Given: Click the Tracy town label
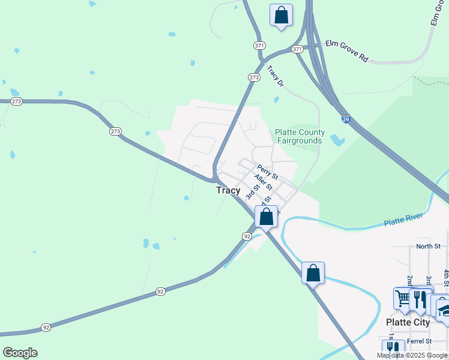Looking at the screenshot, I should [x=228, y=190].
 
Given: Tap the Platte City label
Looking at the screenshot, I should [x=408, y=322].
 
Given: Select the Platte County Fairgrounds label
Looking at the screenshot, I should [x=300, y=136].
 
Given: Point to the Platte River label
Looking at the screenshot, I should [x=403, y=221].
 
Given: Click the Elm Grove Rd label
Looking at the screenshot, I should [x=346, y=52].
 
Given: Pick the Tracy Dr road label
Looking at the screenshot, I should [x=274, y=76].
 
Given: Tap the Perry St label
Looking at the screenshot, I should [x=267, y=173].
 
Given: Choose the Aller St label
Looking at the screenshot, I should [x=263, y=182].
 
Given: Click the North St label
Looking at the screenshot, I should [x=428, y=246].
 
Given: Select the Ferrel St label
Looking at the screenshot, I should [x=419, y=341].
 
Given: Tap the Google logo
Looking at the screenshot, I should [x=20, y=352].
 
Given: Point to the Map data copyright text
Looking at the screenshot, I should [x=412, y=355].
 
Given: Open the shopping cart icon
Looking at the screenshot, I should [x=402, y=297].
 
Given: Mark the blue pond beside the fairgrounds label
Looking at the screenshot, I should [x=337, y=141].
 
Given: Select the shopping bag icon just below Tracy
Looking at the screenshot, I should [x=267, y=216].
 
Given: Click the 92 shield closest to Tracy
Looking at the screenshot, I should [x=247, y=236].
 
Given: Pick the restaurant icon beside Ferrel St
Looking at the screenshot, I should [x=393, y=349].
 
